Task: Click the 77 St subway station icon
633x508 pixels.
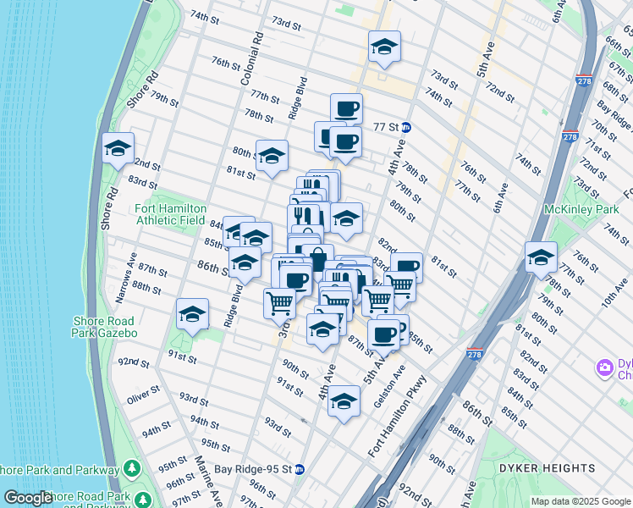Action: (x=406, y=128)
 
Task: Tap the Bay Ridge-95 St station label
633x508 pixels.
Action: (x=252, y=468)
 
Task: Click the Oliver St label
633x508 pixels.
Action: (x=143, y=395)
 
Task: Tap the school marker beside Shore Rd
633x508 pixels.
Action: (x=117, y=149)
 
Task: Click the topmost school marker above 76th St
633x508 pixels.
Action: (x=384, y=48)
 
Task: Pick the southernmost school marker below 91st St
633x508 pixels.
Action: (x=344, y=401)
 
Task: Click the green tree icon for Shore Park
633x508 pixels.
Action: (x=132, y=468)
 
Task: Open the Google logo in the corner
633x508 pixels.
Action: (x=28, y=498)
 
